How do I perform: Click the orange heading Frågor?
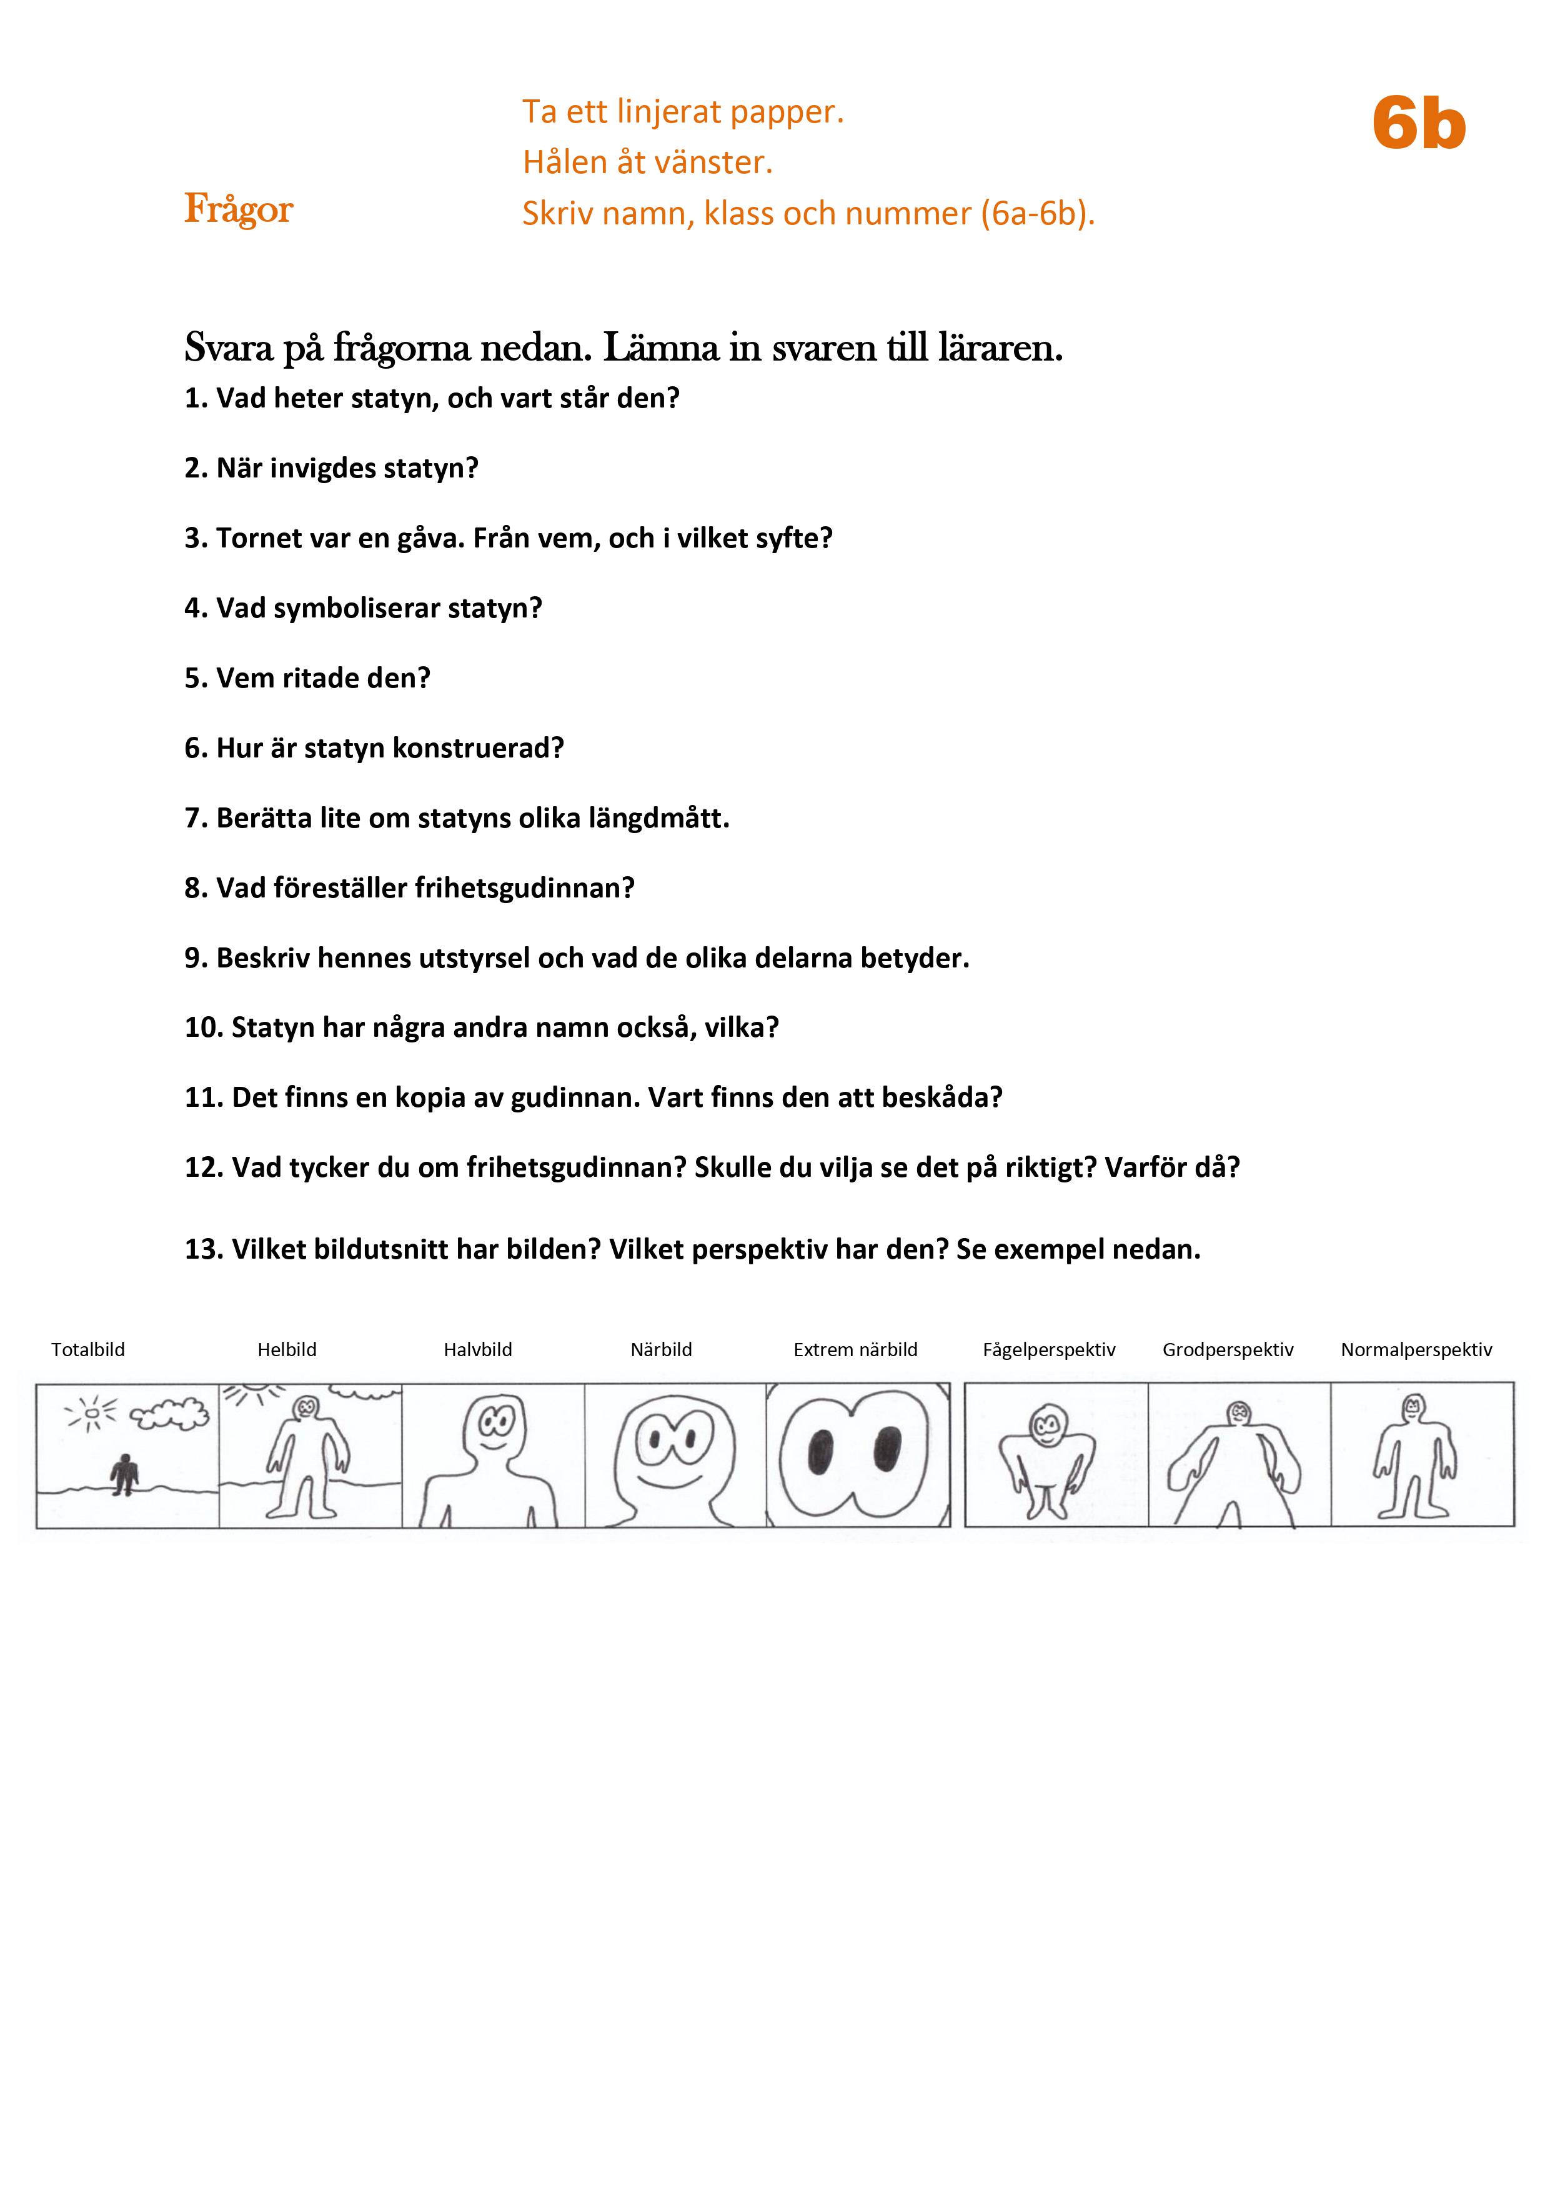239,209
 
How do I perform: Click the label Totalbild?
88,1350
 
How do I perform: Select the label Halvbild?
477,1350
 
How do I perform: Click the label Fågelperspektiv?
1048,1350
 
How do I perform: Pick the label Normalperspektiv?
1416,1350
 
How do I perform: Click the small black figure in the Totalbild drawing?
123,1474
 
